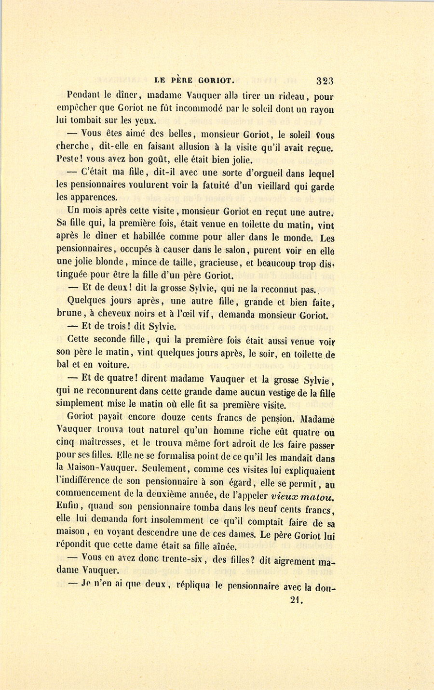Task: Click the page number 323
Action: click(325, 80)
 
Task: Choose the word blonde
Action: click(109, 263)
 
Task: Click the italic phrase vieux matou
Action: click(303, 496)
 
